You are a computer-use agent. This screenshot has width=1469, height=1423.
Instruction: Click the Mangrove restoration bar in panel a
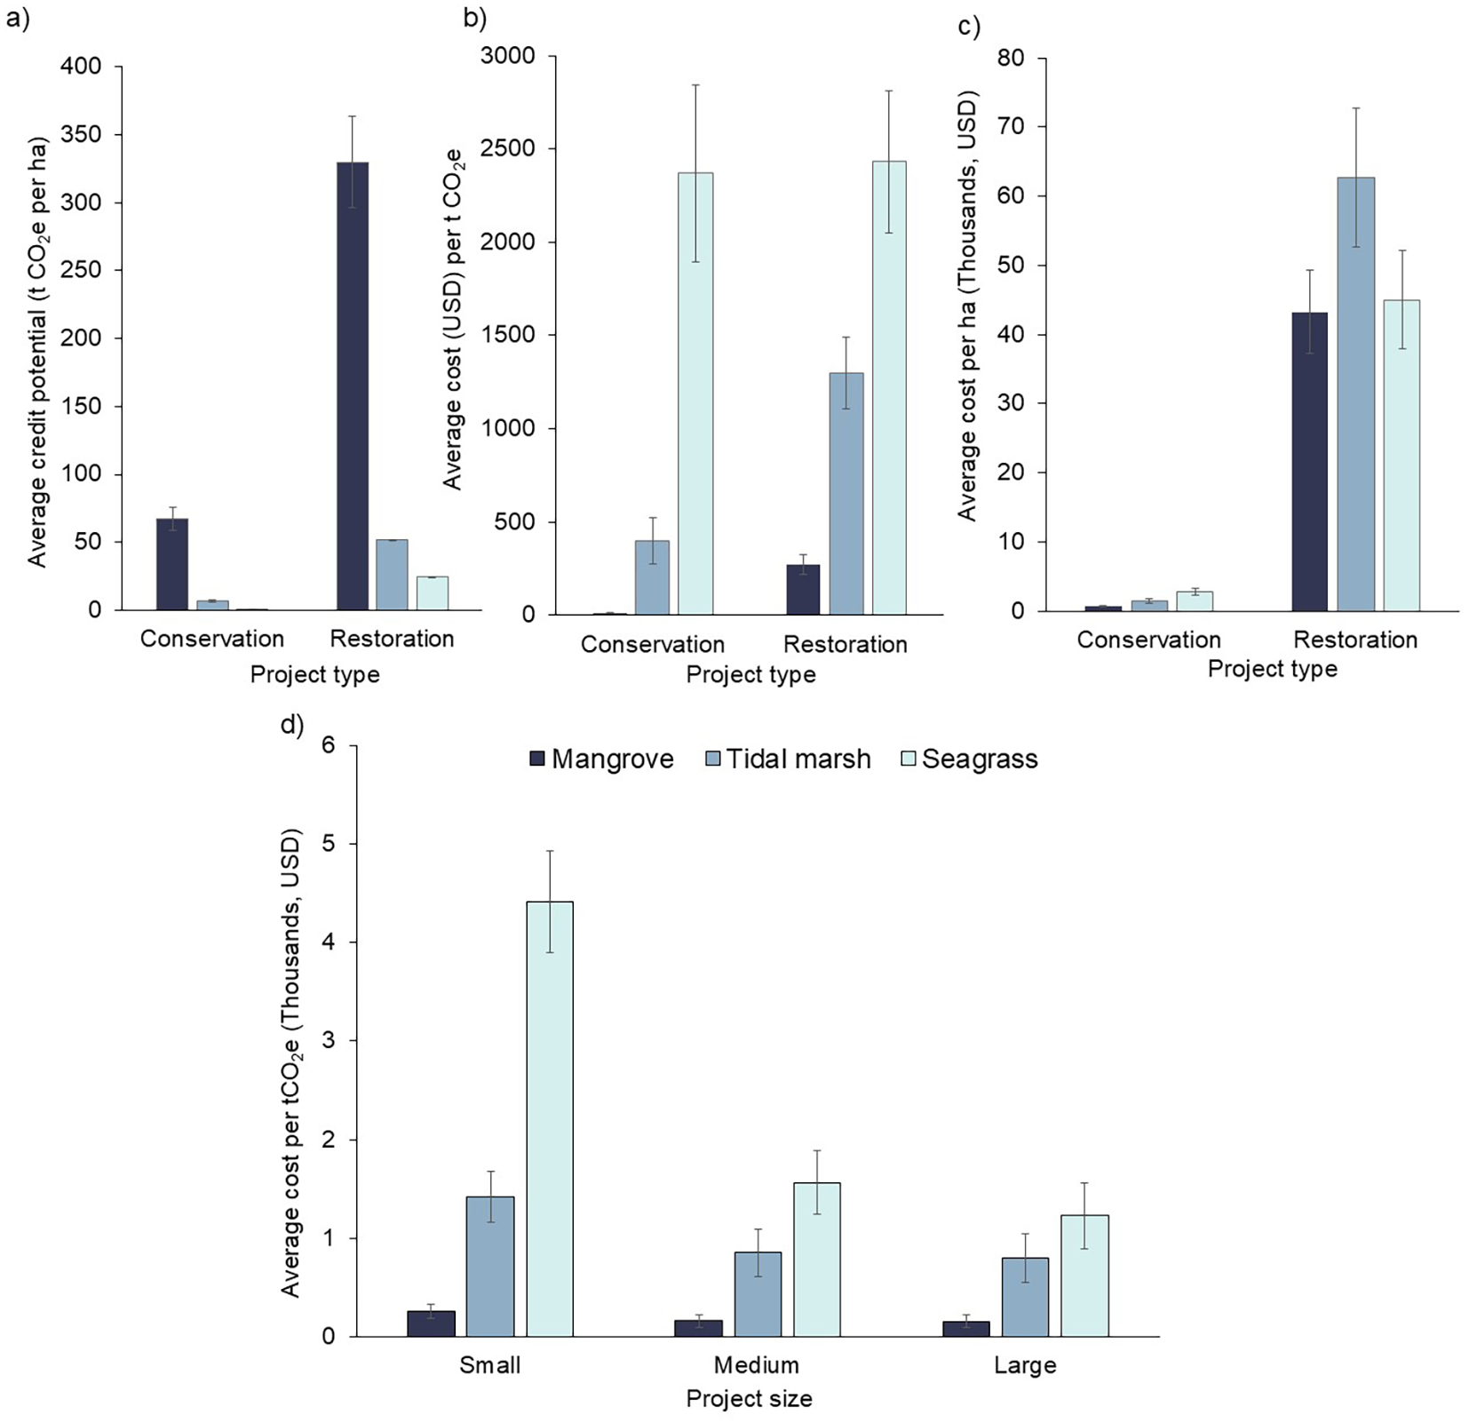point(353,386)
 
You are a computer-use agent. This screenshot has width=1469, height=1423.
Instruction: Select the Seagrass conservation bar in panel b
point(695,394)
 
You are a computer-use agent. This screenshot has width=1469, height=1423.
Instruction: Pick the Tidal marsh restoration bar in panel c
point(1355,394)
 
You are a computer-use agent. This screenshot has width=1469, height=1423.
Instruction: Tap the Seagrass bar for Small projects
point(550,1118)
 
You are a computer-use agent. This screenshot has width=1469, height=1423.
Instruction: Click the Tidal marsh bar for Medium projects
point(758,1293)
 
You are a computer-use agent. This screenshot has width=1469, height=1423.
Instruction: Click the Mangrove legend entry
point(601,759)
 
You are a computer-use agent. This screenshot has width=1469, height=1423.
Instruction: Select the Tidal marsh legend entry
point(788,759)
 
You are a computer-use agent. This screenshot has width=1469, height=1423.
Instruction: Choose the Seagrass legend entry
point(969,759)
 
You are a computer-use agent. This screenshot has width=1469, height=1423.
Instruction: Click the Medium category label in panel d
point(757,1365)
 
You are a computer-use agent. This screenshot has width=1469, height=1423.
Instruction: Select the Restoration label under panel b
point(845,645)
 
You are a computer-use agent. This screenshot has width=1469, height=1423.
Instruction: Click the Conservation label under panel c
point(1148,640)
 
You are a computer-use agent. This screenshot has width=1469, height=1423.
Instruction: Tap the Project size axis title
point(749,1400)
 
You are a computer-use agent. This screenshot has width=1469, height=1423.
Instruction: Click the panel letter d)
point(292,725)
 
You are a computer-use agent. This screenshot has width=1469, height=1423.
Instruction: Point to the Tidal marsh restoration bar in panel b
point(846,494)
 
